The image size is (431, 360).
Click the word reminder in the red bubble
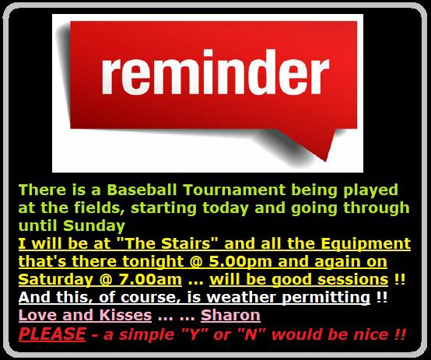tap(215, 72)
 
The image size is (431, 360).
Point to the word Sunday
tap(94, 226)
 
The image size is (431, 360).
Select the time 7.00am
tap(150, 279)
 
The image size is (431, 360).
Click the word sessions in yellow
tap(352, 279)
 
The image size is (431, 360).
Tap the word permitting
tap(326, 298)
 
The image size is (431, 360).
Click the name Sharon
tap(230, 315)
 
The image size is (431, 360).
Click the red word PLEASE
tap(52, 334)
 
